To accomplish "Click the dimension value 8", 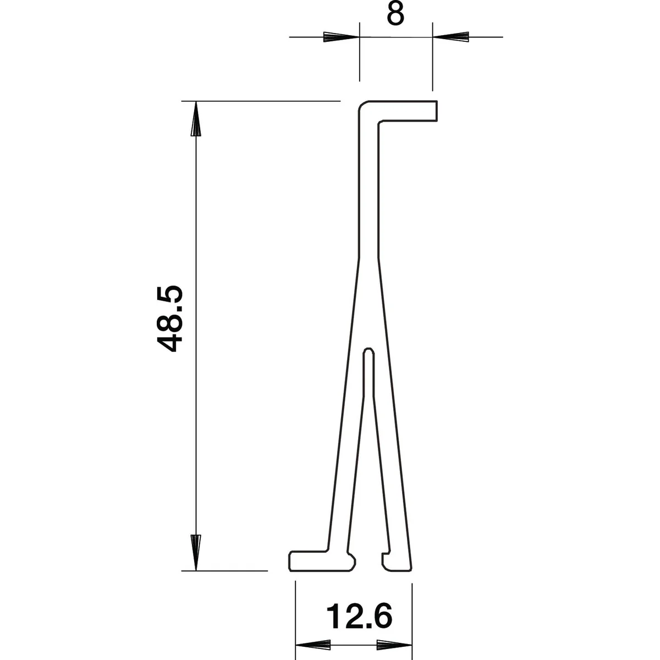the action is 395,15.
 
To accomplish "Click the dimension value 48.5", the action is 169,319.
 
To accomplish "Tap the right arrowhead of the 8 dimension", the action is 451,37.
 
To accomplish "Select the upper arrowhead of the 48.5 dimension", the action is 196,119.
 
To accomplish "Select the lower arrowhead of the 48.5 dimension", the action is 196,552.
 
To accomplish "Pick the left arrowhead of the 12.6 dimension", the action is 313,645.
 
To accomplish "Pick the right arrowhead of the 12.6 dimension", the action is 394,645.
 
